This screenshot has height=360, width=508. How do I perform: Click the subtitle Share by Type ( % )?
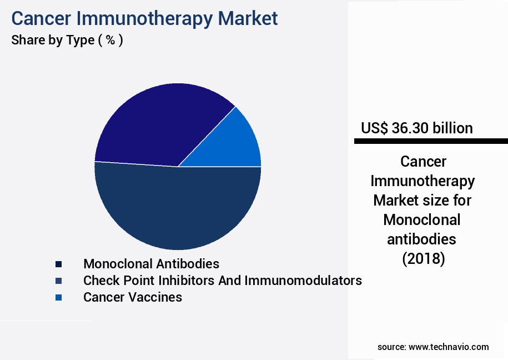pyautogui.click(x=67, y=41)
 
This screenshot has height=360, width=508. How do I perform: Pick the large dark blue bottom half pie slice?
pyautogui.click(x=178, y=211)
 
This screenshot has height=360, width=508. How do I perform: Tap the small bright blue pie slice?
pyautogui.click(x=239, y=142)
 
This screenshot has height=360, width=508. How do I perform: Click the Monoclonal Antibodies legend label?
pyautogui.click(x=151, y=264)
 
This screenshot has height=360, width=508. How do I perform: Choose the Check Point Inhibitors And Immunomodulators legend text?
pyautogui.click(x=222, y=281)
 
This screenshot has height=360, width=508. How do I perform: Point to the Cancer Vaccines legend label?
pyautogui.click(x=132, y=297)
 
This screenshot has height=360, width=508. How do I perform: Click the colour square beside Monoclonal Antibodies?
pyautogui.click(x=58, y=264)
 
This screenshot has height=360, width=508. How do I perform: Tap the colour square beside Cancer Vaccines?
pyautogui.click(x=58, y=298)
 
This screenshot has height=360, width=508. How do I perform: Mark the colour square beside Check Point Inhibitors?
pyautogui.click(x=58, y=281)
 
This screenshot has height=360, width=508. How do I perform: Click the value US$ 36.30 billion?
pyautogui.click(x=416, y=128)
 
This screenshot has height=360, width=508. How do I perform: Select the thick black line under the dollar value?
pyautogui.click(x=431, y=142)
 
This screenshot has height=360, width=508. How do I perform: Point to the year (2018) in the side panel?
pyautogui.click(x=423, y=258)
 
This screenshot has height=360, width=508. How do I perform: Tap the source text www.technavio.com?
pyautogui.click(x=449, y=347)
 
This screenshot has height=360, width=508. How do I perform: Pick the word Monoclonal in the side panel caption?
pyautogui.click(x=422, y=219)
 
